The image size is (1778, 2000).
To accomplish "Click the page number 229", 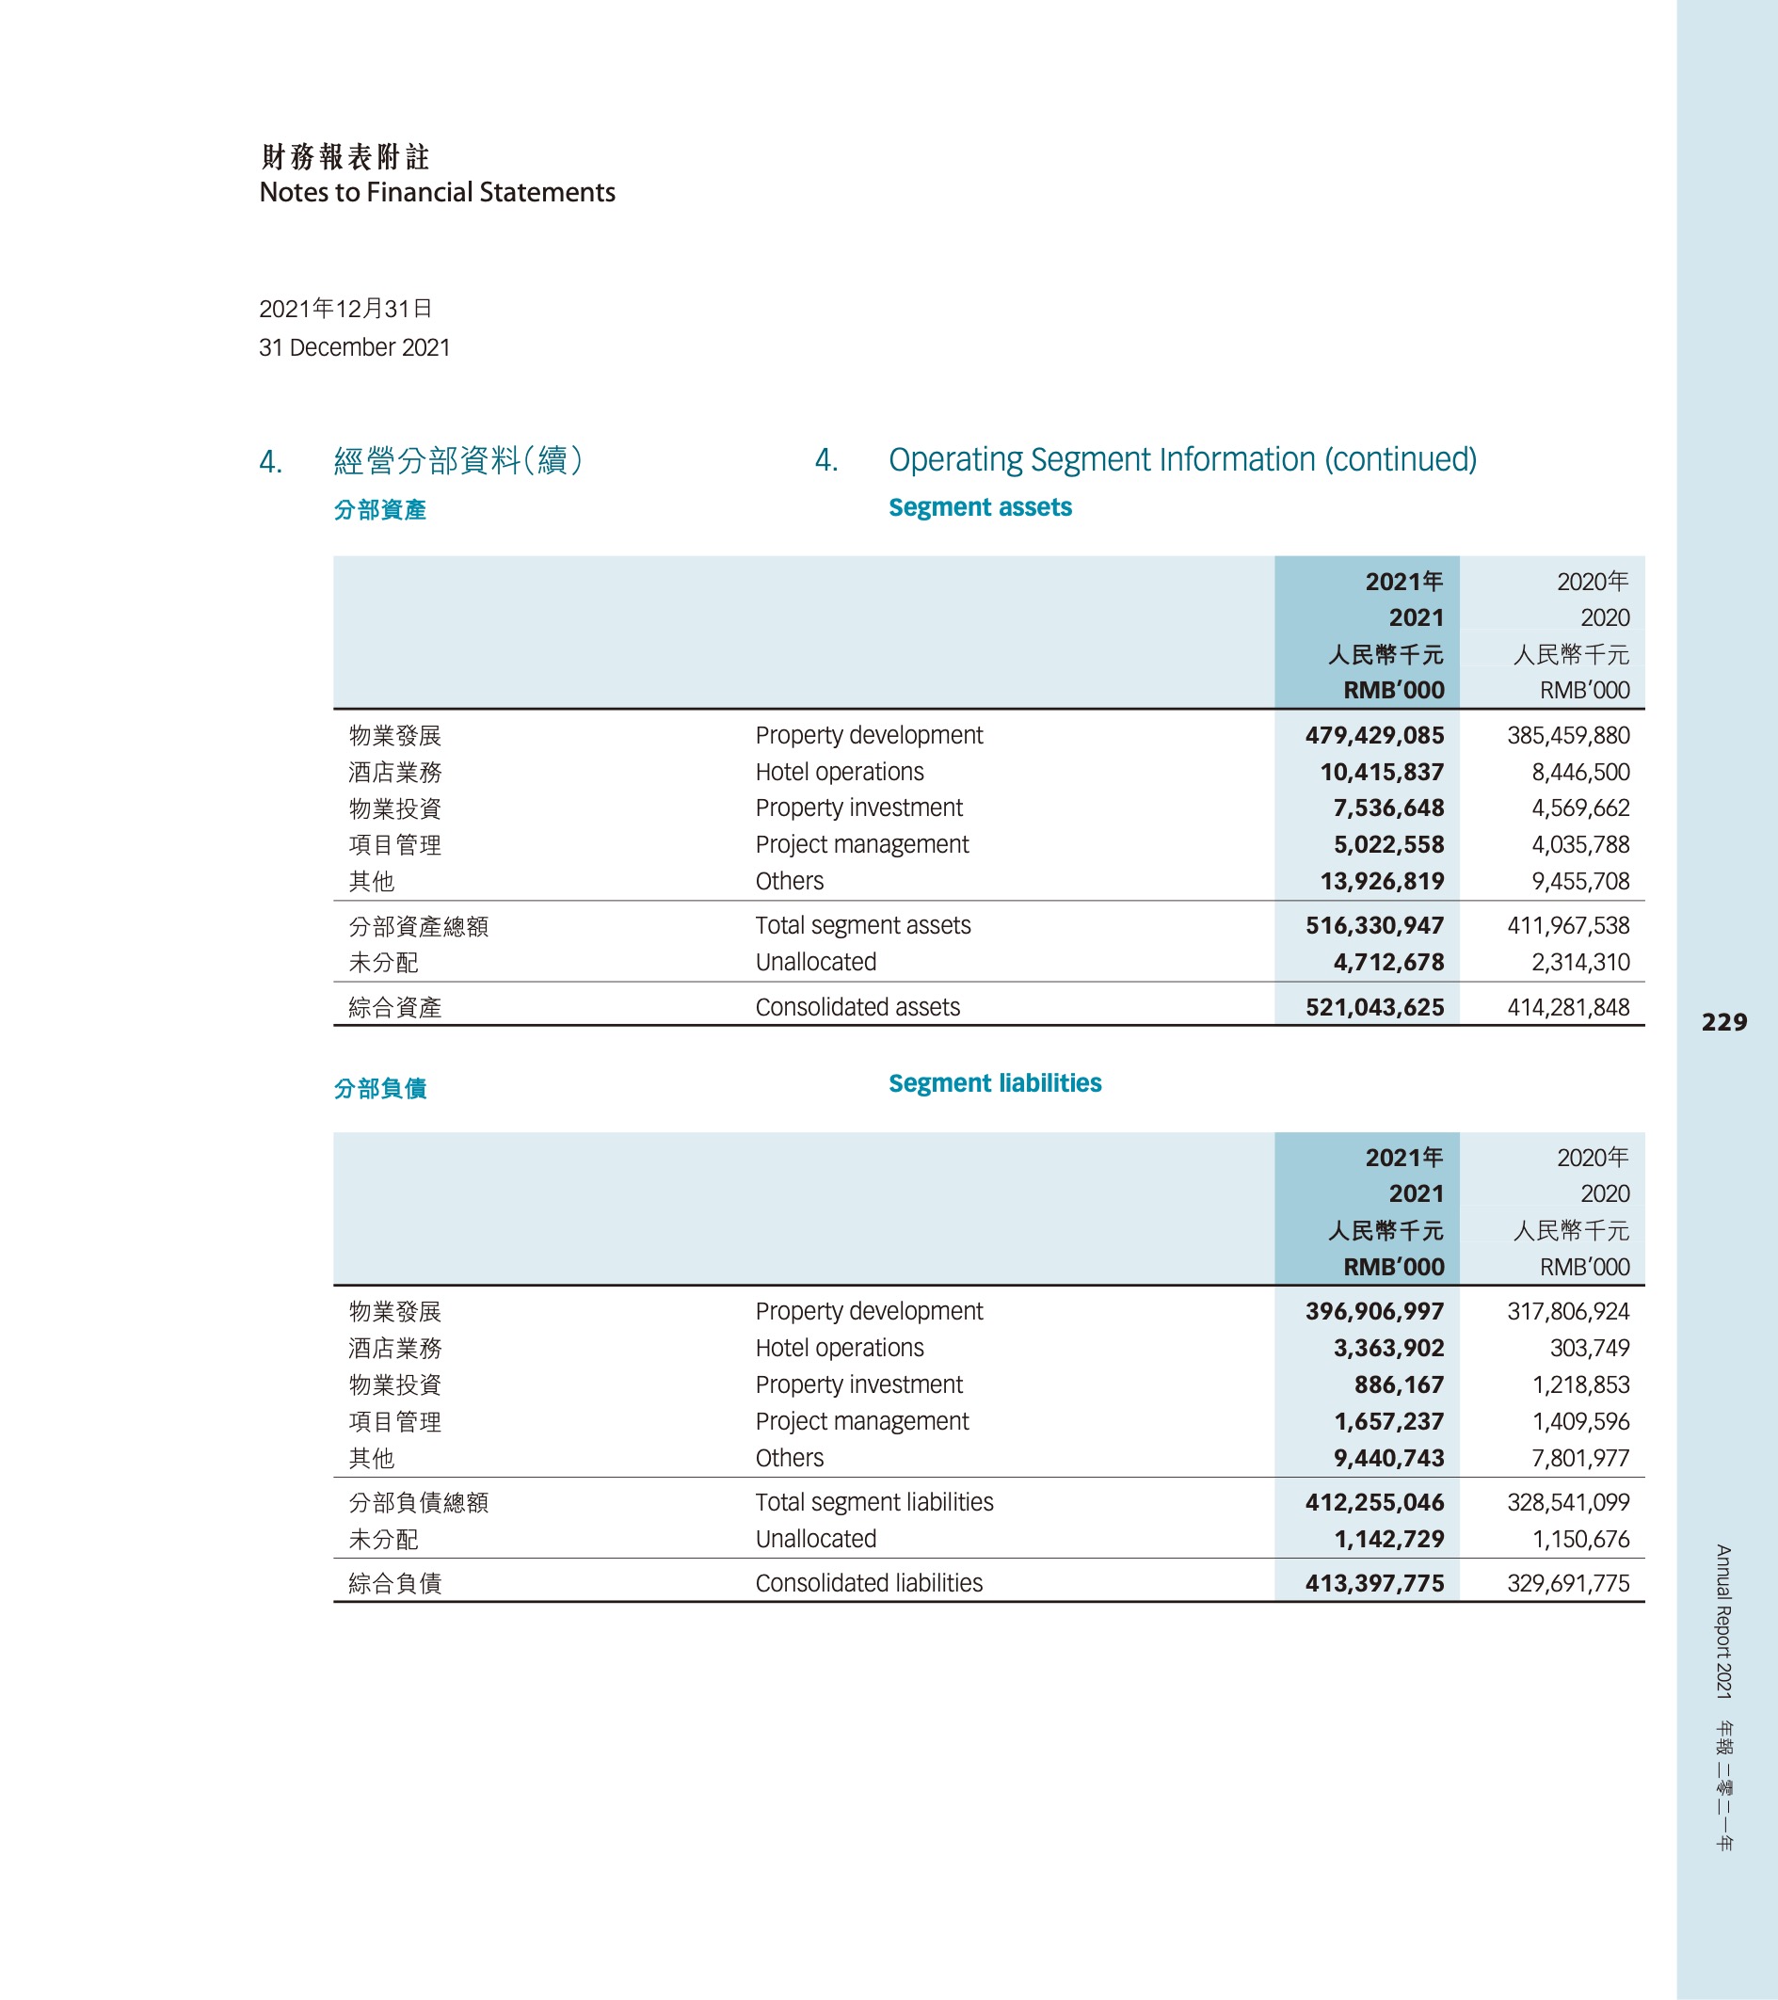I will [1723, 1022].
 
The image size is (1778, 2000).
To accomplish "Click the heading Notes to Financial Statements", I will [437, 193].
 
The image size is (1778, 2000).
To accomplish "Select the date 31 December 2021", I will [354, 347].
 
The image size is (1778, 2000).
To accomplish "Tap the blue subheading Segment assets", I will [980, 507].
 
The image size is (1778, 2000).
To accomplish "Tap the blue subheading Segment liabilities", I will [994, 1083].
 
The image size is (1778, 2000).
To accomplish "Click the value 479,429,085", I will [1374, 735].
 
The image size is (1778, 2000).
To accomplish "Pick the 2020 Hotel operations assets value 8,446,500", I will [1580, 772].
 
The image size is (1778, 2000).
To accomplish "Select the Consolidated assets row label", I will [857, 1007].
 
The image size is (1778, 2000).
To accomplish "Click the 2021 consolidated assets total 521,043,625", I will [1374, 1007].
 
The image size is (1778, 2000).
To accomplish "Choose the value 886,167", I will [1399, 1384].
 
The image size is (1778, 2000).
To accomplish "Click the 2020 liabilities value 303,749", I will [1589, 1349].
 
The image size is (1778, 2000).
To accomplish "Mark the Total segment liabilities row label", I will [873, 1502].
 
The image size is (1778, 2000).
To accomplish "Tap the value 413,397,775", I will [1374, 1583].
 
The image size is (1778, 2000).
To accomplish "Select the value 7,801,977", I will [1580, 1458].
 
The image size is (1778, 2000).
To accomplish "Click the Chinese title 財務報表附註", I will [345, 156].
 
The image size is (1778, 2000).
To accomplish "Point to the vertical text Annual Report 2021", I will [1723, 1622].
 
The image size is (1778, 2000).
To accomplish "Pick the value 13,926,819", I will [1382, 882].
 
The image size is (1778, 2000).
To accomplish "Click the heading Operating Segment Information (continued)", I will [1182, 459].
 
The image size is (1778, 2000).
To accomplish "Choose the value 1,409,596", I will [1580, 1422].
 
